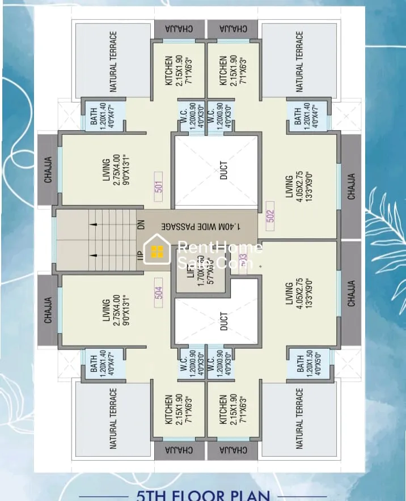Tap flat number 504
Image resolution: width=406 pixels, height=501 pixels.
159,292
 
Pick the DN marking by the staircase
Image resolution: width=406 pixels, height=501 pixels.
141,226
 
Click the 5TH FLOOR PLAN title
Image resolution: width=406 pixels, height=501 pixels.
204,494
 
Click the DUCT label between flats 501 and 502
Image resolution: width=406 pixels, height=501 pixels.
223,171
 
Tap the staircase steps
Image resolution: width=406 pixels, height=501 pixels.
111,239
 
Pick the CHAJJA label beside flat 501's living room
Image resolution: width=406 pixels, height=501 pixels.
48,170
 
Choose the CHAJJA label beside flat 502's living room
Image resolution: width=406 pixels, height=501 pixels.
352,186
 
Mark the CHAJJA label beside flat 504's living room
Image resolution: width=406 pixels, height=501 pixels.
48,309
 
